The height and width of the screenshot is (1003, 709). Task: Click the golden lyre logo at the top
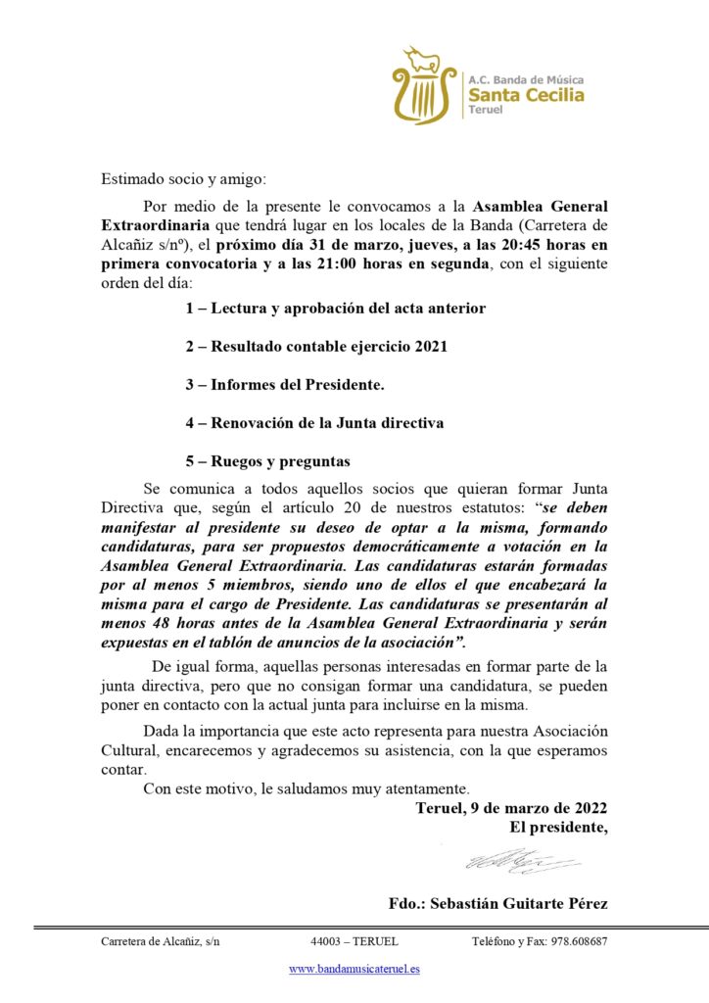point(424,85)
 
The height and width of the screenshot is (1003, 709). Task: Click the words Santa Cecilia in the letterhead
point(526,95)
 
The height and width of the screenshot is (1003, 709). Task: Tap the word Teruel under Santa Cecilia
point(485,111)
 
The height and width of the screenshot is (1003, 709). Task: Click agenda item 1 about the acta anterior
point(336,309)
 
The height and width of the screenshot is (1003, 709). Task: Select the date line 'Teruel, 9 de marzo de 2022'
point(511,808)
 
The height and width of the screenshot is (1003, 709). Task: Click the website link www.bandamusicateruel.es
point(354,969)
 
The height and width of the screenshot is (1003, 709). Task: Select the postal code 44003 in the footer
point(325,941)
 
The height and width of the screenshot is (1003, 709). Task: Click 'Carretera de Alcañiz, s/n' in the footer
point(161,941)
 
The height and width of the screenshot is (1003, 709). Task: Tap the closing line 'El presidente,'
point(558,828)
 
